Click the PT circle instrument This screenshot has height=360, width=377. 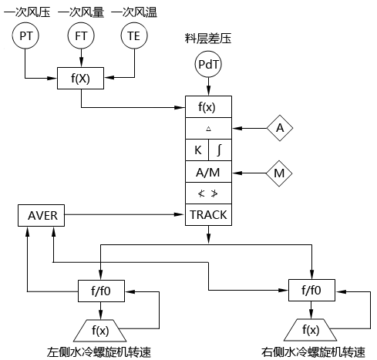(x=25, y=35)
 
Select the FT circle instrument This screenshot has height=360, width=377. (x=80, y=35)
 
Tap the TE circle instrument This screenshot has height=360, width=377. (x=134, y=35)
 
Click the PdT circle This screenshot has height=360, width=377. (x=208, y=67)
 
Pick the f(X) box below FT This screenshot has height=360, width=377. (x=80, y=78)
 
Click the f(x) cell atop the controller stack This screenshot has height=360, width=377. (x=208, y=107)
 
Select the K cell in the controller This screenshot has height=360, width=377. (x=197, y=150)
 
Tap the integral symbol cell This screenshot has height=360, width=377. (x=220, y=150)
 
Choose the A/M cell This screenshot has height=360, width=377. (x=208, y=172)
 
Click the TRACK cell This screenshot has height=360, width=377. (x=208, y=214)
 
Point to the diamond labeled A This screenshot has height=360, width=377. (x=280, y=129)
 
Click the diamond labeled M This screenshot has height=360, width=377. (x=280, y=172)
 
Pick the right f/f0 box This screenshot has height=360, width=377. (x=311, y=291)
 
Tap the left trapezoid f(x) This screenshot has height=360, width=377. (x=100, y=329)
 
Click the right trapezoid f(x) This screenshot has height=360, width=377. (x=311, y=329)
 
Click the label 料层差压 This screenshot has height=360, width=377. (x=208, y=37)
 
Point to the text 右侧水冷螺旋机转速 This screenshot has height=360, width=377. (x=313, y=352)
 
